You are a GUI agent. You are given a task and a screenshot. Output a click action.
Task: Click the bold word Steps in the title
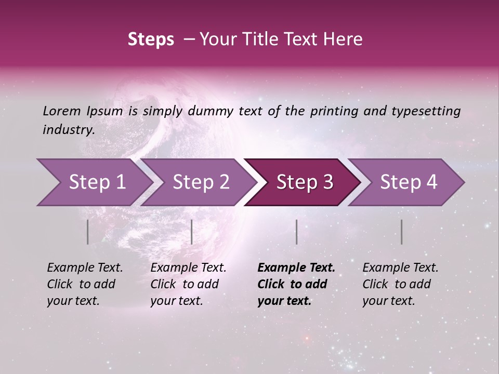pyautogui.click(x=151, y=39)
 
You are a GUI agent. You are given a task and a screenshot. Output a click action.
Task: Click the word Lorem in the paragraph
pyautogui.click(x=62, y=111)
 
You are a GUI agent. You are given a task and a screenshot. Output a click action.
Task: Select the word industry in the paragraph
pyautogui.click(x=68, y=130)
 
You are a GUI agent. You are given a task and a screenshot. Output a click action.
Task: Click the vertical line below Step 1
pyautogui.click(x=88, y=232)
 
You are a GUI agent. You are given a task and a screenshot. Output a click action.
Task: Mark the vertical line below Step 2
pyautogui.click(x=192, y=232)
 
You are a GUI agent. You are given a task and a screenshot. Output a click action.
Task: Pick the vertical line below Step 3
pyautogui.click(x=296, y=232)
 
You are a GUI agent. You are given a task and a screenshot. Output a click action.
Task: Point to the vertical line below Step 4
pyautogui.click(x=402, y=232)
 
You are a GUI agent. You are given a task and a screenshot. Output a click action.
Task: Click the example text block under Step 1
pyautogui.click(x=85, y=284)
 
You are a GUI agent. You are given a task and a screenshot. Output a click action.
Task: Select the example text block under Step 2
pyautogui.click(x=188, y=284)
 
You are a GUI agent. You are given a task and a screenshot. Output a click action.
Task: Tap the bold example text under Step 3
pyautogui.click(x=296, y=284)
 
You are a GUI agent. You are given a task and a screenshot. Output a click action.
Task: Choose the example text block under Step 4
pyautogui.click(x=400, y=284)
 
